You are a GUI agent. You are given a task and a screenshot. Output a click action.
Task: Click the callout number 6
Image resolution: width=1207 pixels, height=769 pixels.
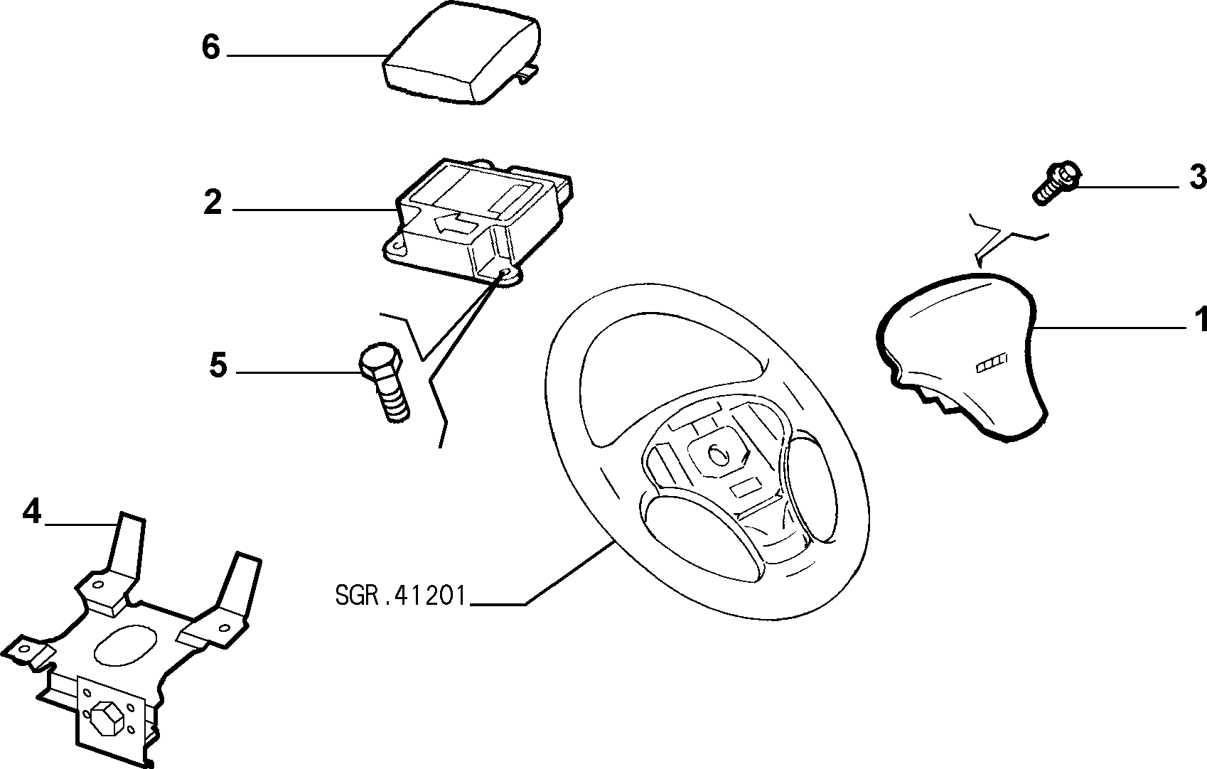[211, 47]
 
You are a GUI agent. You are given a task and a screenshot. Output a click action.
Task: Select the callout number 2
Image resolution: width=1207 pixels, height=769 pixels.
[213, 203]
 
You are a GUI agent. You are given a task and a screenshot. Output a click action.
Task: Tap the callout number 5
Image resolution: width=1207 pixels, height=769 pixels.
[218, 365]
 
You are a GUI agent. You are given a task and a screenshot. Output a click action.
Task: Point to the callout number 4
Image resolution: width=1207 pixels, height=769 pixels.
[32, 511]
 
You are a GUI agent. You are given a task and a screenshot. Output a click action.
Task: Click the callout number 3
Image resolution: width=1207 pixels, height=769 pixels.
[1197, 177]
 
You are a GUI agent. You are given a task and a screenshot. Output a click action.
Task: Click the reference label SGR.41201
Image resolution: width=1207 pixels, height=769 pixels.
[399, 596]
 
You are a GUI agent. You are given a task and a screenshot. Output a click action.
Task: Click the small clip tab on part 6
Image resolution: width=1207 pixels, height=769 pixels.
[528, 73]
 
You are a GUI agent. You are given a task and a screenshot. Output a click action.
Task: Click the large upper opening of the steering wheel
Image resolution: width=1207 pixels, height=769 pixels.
[668, 377]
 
